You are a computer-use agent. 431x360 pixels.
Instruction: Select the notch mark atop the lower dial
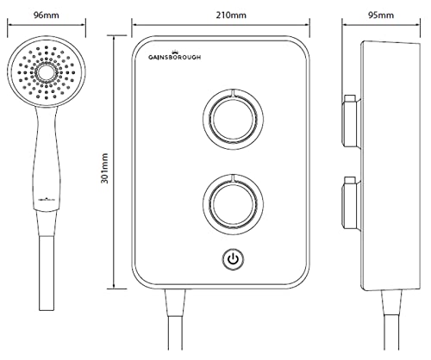[234, 176]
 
